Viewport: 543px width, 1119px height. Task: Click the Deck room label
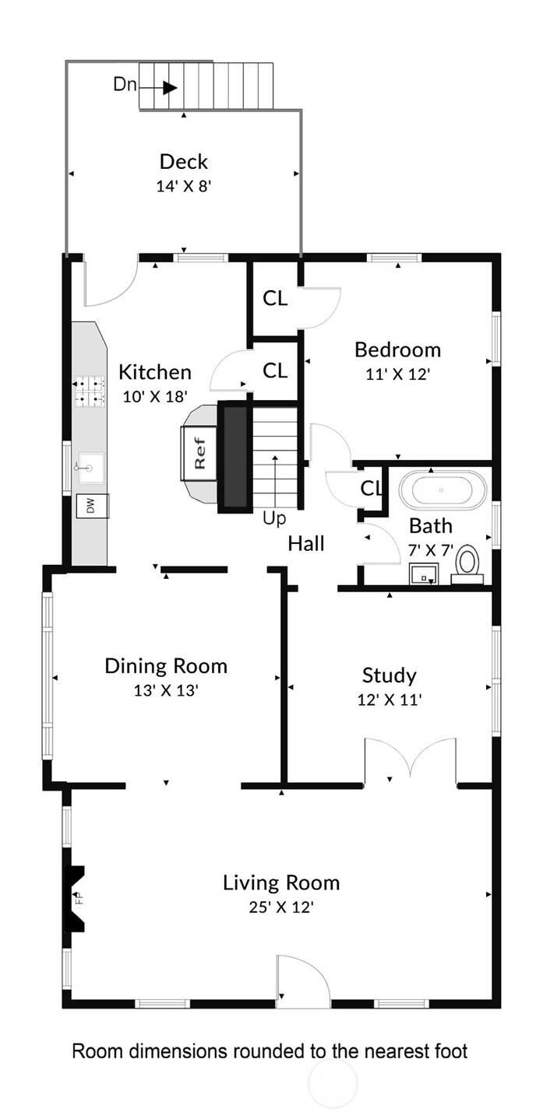coord(184,162)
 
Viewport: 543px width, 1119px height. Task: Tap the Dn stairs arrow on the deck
coord(158,88)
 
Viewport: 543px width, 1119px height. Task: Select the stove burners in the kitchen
coord(90,391)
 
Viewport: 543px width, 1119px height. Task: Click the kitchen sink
coord(92,468)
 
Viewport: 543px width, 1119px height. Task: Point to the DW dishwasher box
coord(92,506)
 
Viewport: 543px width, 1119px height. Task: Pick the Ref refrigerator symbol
coord(199,453)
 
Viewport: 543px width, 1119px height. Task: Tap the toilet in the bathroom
coord(467,564)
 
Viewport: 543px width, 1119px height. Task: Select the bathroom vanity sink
coord(424,574)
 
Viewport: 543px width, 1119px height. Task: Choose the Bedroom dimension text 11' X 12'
coord(398,374)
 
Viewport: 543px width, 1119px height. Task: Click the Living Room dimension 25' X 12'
coord(281,907)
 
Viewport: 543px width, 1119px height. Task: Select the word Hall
coord(306,543)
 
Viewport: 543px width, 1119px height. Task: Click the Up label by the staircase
coord(274,519)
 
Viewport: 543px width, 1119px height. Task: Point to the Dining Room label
coord(166,666)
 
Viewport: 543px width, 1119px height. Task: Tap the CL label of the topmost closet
coord(275,298)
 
